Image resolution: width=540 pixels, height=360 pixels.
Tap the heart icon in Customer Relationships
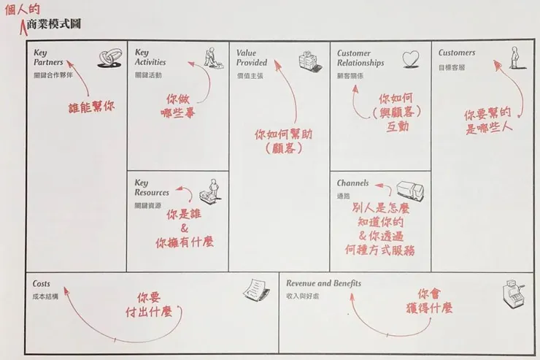412,58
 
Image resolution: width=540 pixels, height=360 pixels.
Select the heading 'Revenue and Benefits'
323,283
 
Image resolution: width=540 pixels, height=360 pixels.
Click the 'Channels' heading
352,183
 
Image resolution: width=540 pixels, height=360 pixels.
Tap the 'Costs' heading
42,283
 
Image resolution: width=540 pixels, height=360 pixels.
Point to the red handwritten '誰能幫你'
93,107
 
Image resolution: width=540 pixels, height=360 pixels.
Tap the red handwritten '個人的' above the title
20,9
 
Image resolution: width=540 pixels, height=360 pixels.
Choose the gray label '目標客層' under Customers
451,67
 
